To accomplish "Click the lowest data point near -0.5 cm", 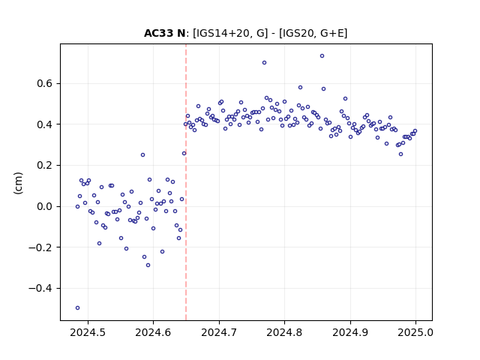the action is (x=77, y=307).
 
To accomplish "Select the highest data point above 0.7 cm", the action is (x=322, y=55).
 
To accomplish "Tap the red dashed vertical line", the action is (x=186, y=182).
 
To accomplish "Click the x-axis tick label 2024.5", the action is (x=88, y=332).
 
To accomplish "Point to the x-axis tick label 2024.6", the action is (x=153, y=332).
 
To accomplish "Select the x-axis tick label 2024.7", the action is (x=219, y=332).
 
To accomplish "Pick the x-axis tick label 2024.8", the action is (x=284, y=332).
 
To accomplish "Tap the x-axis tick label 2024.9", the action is (x=350, y=332).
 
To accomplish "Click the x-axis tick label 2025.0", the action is (x=415, y=332).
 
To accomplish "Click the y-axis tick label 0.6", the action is (x=45, y=83).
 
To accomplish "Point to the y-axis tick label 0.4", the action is (x=45, y=124).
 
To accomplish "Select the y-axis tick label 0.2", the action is (x=45, y=165).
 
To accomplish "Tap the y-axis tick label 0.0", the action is (x=45, y=206).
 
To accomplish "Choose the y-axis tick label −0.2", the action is (x=40, y=247).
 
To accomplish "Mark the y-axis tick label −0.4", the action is (x=40, y=288).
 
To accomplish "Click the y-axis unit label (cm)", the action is (x=18, y=183).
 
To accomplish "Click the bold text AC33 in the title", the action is (x=159, y=33).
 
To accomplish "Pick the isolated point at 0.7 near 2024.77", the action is (x=264, y=62).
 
